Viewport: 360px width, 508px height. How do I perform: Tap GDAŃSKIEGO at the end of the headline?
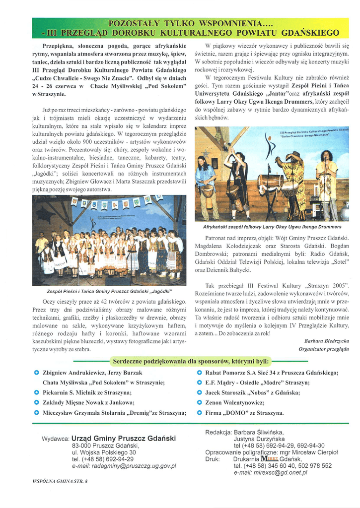[309, 33]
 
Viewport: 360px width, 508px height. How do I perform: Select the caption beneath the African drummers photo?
[272, 227]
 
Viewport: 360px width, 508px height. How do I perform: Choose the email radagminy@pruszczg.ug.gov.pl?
[124, 466]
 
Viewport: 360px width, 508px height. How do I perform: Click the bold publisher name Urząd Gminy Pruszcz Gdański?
[123, 439]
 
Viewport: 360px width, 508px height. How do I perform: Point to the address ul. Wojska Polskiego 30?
[104, 452]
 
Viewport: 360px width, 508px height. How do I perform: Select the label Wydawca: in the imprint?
[55, 440]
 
